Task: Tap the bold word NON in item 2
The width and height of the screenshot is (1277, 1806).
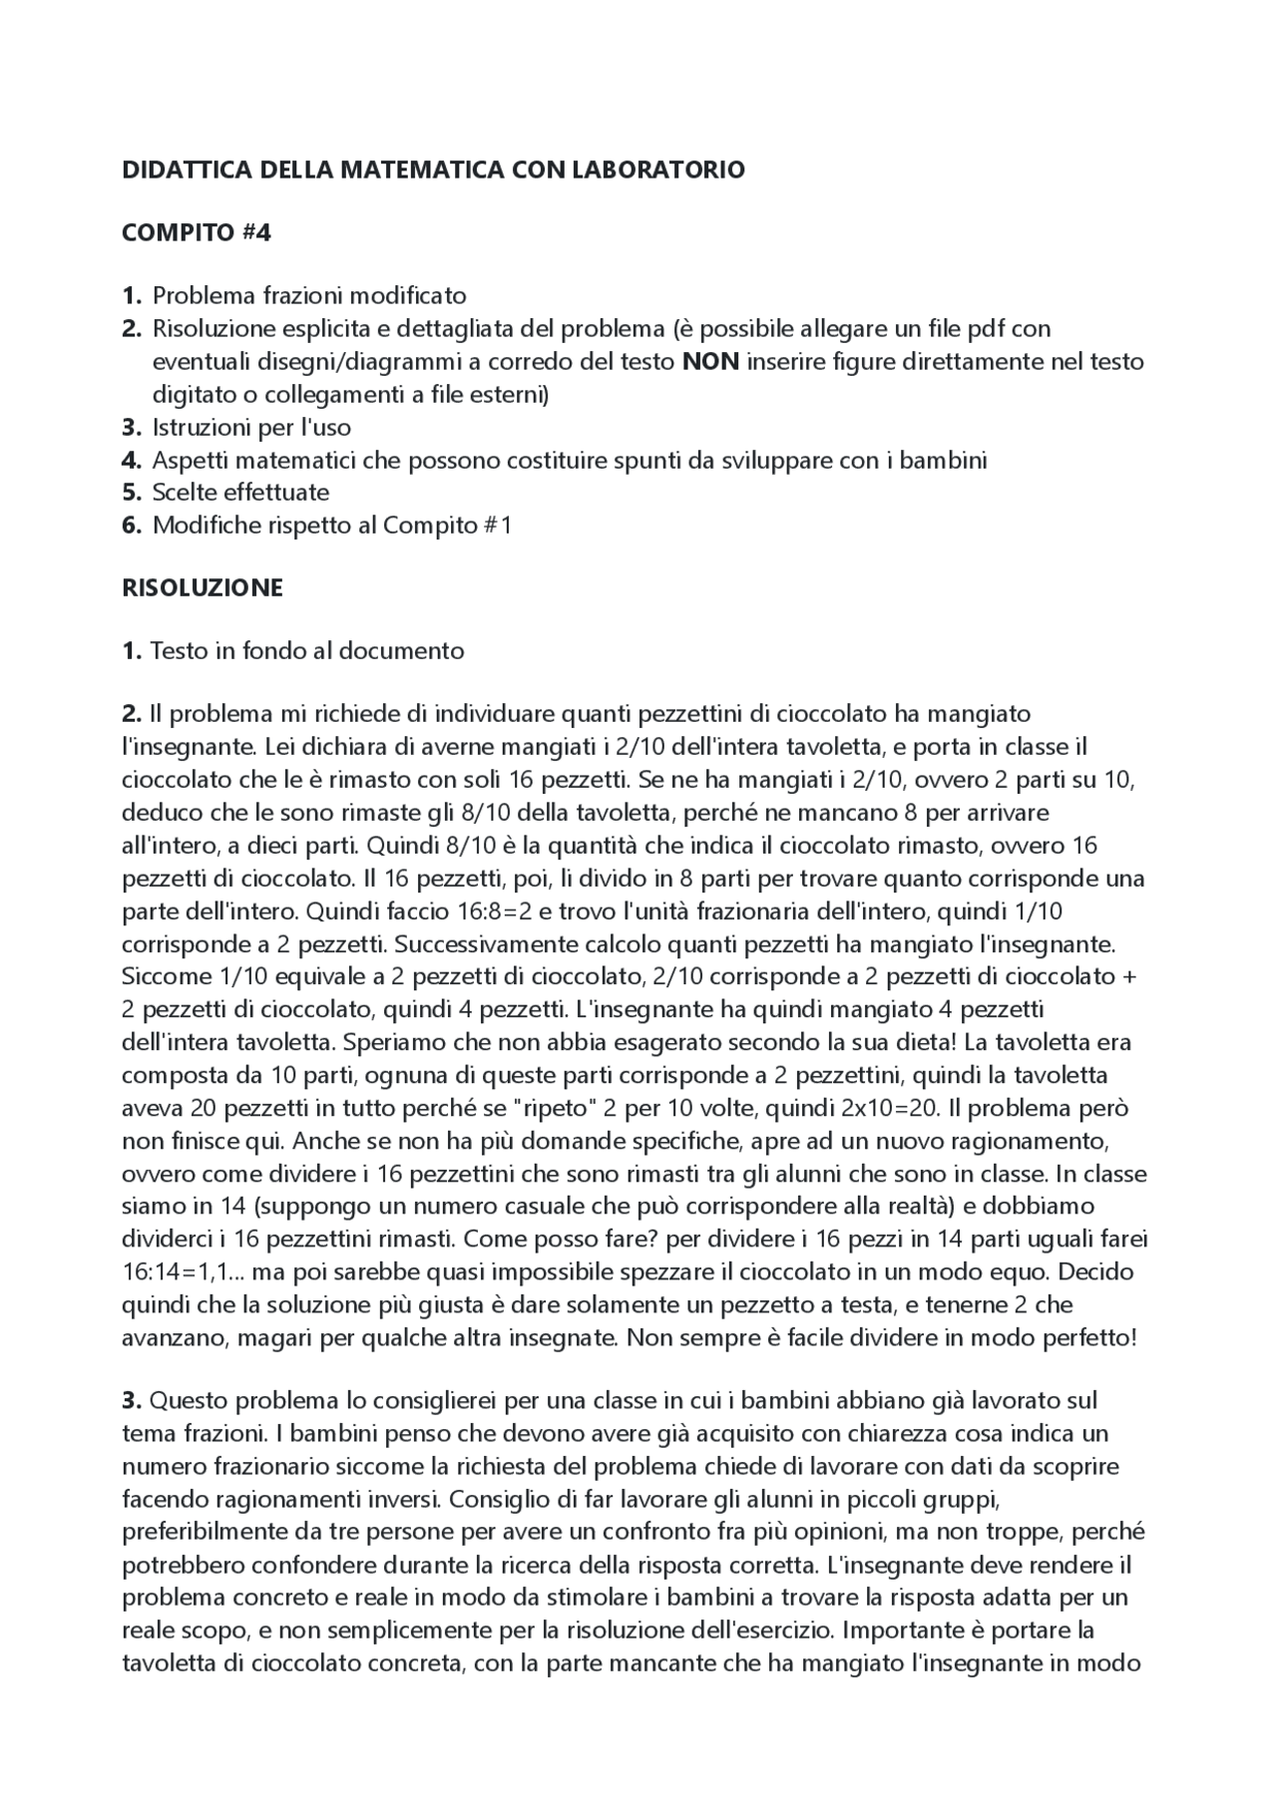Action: [x=710, y=361]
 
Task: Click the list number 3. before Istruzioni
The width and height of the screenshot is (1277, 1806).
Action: [x=132, y=428]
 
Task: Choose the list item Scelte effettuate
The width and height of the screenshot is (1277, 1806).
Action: [x=240, y=492]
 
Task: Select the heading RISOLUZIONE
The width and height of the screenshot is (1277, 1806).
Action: [x=203, y=587]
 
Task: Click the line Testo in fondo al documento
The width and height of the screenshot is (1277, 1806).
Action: [x=307, y=651]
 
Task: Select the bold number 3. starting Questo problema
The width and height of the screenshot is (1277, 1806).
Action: [x=132, y=1400]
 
